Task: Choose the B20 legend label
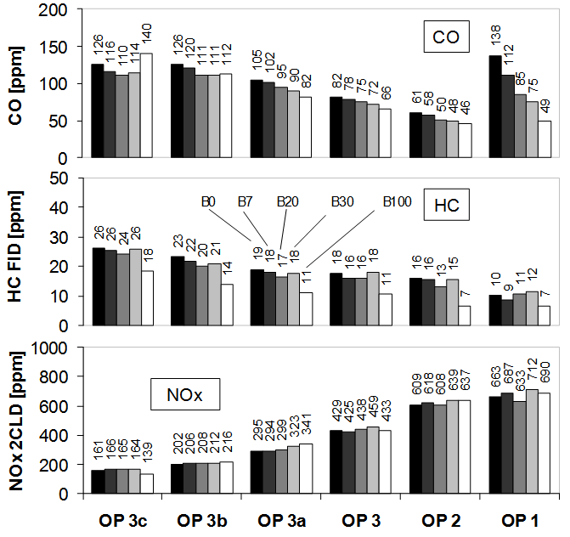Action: coord(287,202)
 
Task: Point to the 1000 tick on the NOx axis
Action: coord(56,348)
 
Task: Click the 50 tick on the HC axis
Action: coord(65,178)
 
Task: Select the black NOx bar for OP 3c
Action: coord(98,482)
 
